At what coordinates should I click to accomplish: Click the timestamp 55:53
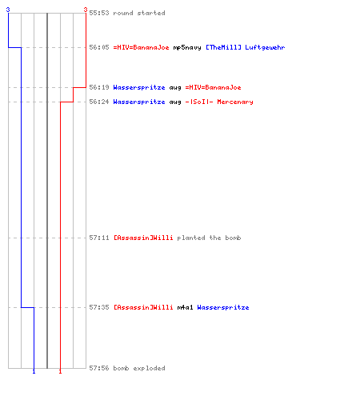point(99,13)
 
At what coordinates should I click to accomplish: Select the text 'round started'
point(139,13)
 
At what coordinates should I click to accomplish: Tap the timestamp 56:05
point(99,47)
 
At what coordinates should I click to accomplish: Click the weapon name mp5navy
point(187,48)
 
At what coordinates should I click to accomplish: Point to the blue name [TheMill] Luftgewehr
point(245,48)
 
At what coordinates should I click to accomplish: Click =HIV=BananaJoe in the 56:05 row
point(141,47)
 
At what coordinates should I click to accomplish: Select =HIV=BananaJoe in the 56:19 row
point(213,87)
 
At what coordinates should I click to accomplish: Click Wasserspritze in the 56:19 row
point(139,88)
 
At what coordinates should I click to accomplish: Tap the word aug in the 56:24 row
point(175,102)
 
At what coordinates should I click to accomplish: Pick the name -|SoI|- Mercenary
point(219,102)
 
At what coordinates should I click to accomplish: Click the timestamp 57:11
point(99,238)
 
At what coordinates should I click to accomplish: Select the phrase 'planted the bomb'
point(209,238)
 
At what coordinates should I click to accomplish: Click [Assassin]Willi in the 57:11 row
point(143,238)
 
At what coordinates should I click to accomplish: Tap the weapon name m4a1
point(185,307)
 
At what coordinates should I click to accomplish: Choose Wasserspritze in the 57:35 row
point(223,308)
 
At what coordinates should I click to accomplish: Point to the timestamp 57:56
point(99,368)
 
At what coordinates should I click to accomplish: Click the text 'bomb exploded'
point(139,369)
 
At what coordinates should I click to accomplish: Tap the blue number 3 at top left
point(8,10)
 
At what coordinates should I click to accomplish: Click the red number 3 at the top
point(86,10)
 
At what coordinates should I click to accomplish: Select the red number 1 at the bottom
point(60,371)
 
